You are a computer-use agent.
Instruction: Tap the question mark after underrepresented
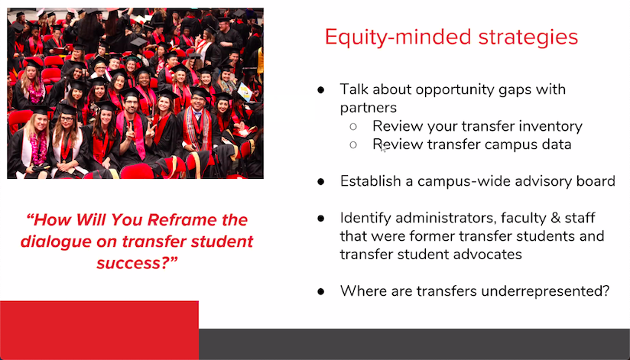(606, 291)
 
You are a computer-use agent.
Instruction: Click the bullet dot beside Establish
(321, 182)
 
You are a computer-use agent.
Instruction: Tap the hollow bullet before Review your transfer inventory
(353, 126)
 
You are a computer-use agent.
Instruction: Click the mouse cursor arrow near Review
(383, 148)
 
